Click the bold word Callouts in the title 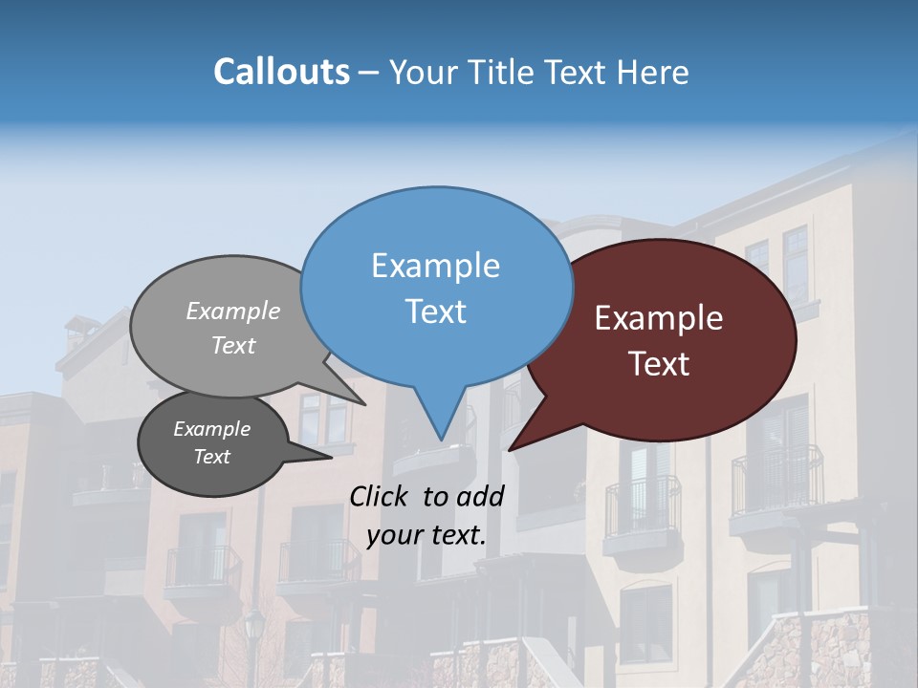[281, 72]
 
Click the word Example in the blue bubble [435, 266]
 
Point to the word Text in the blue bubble [435, 312]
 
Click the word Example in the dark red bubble [659, 318]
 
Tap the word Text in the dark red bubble [659, 364]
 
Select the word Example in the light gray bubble [233, 311]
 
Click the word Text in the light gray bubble [233, 345]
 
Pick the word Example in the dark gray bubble [211, 429]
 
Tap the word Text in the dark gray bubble [211, 457]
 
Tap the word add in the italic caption [481, 496]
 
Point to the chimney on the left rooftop [76, 330]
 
